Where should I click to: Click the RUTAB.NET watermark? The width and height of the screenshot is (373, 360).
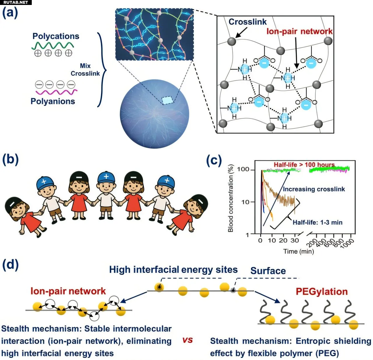[16, 3]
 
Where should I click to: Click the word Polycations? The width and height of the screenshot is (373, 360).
[56, 36]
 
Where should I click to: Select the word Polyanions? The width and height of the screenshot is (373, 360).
[53, 101]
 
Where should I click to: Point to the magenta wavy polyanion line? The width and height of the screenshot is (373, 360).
[57, 92]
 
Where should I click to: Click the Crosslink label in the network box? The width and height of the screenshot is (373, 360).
[247, 22]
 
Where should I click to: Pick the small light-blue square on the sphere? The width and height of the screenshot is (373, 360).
[168, 100]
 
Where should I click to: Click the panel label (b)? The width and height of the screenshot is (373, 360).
[10, 160]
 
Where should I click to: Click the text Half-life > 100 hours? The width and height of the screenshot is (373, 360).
[304, 165]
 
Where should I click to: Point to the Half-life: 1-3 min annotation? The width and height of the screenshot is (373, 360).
[317, 222]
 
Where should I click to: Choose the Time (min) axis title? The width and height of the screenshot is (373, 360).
[299, 251]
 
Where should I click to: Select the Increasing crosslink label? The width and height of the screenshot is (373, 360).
[314, 189]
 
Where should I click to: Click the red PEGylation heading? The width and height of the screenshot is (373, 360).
[322, 292]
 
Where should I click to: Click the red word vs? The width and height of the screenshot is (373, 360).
[187, 340]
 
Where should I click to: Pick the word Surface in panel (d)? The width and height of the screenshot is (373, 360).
[268, 271]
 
